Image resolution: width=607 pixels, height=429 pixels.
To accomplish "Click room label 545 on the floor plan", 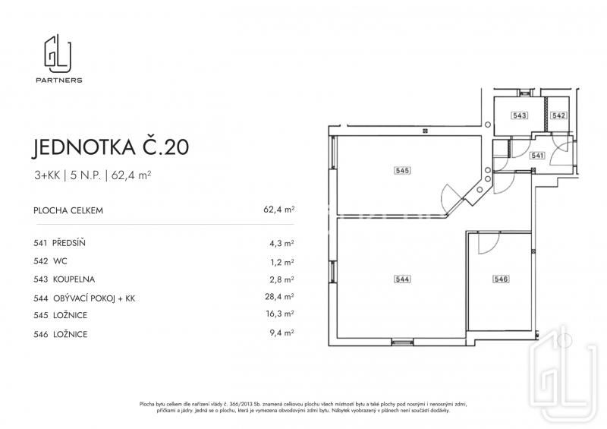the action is point(402,170).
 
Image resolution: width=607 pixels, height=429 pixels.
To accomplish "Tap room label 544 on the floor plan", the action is point(402,279).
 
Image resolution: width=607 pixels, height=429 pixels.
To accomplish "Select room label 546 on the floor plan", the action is point(501,279).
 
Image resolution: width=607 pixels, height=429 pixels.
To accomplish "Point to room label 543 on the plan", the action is point(519,115).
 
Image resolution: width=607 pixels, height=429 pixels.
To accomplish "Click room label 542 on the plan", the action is point(559,115).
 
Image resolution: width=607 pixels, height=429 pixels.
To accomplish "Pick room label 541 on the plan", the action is point(537,156).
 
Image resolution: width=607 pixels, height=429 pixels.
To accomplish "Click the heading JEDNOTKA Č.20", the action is point(110,147).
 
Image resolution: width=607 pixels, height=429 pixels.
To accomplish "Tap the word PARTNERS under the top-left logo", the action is point(59,80).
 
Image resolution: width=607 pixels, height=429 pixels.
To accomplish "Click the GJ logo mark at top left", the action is point(58,53).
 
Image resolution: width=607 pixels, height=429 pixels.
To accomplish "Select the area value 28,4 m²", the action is point(279,297).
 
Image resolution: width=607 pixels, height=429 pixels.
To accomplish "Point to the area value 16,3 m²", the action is point(279,314).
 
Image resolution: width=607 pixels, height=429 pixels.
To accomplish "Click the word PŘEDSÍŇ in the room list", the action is point(68,243).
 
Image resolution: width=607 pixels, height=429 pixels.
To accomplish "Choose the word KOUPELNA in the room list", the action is point(74,279).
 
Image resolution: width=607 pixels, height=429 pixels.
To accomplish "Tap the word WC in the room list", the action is point(60,261).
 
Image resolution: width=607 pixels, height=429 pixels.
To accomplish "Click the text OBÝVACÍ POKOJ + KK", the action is point(94,298).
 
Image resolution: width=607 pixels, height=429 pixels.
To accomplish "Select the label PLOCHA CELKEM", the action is point(68,211).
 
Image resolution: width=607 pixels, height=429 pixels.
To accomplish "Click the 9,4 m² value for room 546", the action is point(281,333).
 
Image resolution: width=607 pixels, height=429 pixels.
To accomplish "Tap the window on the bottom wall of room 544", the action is point(402,342).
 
